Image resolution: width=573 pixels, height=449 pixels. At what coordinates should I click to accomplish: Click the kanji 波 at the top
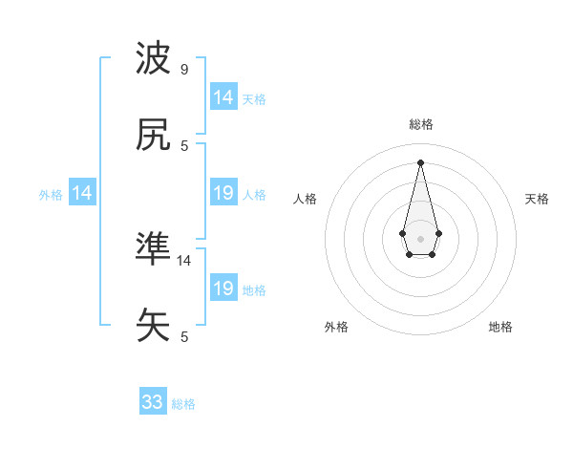pyautogui.click(x=154, y=59)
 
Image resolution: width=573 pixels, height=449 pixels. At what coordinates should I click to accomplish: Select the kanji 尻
pyautogui.click(x=154, y=135)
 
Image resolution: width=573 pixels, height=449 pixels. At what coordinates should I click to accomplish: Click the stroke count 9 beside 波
pyautogui.click(x=183, y=70)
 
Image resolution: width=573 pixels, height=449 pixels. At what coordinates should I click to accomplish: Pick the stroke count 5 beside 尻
pyautogui.click(x=184, y=145)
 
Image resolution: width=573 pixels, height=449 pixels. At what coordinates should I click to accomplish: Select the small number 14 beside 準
pyautogui.click(x=184, y=260)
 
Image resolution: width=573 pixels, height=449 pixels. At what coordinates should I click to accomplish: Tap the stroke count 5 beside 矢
pyautogui.click(x=184, y=336)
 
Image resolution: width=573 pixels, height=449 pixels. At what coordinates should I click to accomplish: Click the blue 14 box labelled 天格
pyautogui.click(x=223, y=97)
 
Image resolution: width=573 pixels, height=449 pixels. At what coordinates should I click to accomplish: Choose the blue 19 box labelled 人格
pyautogui.click(x=223, y=193)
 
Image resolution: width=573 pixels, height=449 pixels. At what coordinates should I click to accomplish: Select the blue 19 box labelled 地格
pyautogui.click(x=223, y=289)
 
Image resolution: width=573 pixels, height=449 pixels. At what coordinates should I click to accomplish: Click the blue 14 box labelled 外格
pyautogui.click(x=82, y=193)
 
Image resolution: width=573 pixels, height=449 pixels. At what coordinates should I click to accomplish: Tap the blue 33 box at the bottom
pyautogui.click(x=153, y=402)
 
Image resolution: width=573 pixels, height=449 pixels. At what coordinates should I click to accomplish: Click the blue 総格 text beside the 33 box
pyautogui.click(x=183, y=404)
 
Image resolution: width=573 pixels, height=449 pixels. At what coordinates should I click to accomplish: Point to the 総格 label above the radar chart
pyautogui.click(x=421, y=124)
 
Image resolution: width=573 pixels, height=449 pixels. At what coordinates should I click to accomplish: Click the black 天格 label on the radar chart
pyautogui.click(x=537, y=199)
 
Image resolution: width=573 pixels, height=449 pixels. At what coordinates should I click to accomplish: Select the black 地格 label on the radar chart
pyautogui.click(x=500, y=327)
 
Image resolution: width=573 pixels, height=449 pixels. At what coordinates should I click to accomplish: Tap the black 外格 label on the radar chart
pyautogui.click(x=336, y=327)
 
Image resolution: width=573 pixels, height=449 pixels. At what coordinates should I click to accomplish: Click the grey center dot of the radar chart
pyautogui.click(x=420, y=237)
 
